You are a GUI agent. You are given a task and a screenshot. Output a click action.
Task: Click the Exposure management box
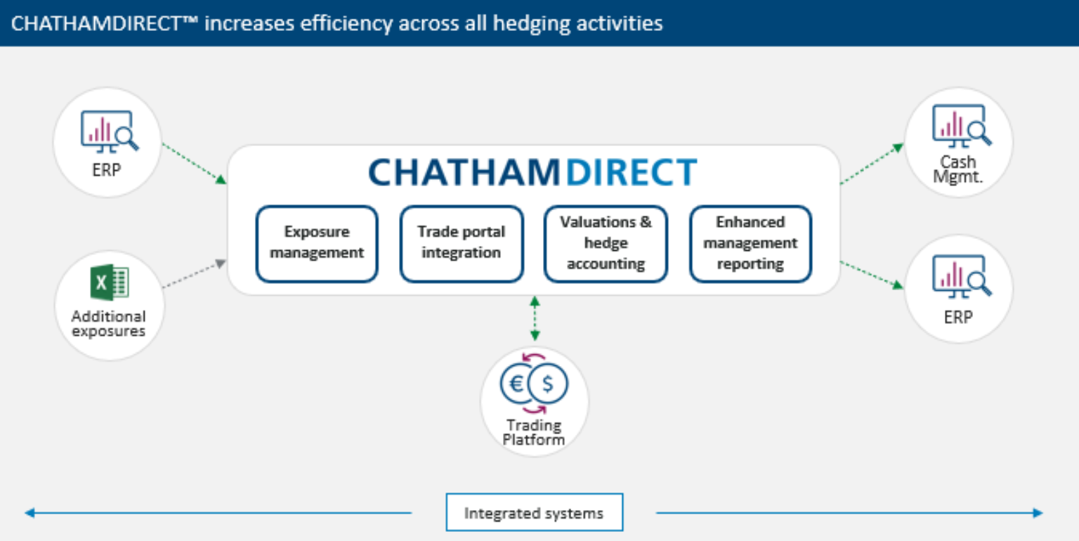pos(317,243)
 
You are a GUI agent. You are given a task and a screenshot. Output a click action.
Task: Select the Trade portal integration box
pos(461,243)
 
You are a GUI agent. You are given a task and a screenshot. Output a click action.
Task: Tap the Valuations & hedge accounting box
pos(606,243)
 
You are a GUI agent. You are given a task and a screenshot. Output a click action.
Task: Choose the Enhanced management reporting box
pos(750,243)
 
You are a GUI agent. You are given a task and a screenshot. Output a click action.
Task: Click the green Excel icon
pos(109,283)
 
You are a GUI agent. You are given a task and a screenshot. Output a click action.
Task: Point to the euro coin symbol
pos(516,383)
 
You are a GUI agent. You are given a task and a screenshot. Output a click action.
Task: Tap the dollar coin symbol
pos(548,384)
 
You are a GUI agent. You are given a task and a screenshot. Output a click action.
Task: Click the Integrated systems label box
pos(534,513)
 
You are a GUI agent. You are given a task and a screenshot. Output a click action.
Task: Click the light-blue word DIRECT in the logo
pos(632,173)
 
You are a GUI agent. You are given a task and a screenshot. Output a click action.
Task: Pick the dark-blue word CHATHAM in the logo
pos(465,173)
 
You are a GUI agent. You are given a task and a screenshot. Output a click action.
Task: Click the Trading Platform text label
pos(534,432)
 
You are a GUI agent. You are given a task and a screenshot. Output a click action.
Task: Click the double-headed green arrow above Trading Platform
pos(535,319)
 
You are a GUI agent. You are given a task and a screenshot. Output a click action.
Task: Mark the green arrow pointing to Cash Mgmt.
pos(872,164)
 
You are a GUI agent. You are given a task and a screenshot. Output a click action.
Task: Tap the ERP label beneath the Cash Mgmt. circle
pos(958,317)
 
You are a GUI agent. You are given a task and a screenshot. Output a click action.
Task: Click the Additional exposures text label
pos(108,324)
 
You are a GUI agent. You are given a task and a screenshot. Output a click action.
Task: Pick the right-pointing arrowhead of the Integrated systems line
pos(1038,513)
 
